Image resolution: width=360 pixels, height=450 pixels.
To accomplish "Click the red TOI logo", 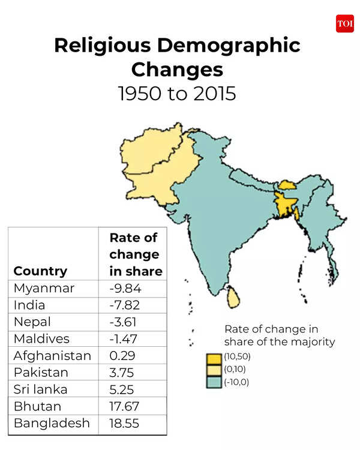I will coord(345,23).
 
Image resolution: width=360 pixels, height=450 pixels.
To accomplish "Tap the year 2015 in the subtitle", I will coord(212,94).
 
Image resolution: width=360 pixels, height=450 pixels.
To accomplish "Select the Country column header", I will coord(40,271).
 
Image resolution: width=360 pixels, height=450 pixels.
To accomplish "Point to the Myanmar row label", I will coord(44,288).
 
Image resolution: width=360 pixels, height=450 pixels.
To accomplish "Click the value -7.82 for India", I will coord(125,305).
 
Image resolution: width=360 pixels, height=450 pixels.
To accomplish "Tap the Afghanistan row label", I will coord(52,355).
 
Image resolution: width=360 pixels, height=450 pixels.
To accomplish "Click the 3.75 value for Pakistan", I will coord(122,372).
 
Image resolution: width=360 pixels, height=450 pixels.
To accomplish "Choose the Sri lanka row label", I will coord(40,389).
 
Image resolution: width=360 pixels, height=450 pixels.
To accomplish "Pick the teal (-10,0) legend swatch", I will coord(213,382).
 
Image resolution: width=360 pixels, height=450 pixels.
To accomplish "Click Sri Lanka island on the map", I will coord(233,296).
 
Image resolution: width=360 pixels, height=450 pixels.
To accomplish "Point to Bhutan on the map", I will coord(285,184).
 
